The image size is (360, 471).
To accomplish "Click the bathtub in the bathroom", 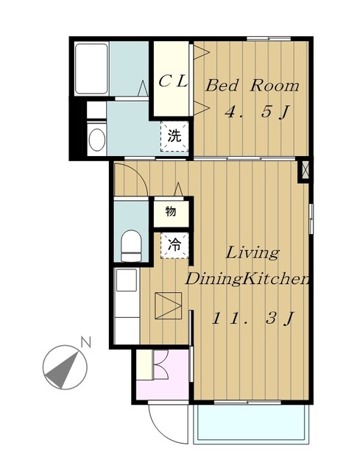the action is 91,68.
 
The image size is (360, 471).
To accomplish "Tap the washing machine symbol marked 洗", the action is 174,136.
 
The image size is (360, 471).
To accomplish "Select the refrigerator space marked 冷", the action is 174,245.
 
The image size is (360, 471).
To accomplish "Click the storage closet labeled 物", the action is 171,212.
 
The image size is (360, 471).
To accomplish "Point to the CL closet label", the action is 173,81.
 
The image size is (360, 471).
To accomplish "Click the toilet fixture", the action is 131,246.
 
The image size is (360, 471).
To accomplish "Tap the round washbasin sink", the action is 97,140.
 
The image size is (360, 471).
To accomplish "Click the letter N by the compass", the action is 85,342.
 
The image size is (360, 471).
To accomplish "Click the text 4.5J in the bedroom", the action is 257,113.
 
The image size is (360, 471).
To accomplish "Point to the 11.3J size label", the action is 252,319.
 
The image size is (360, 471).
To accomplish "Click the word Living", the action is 253,253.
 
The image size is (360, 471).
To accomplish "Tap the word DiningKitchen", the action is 247,280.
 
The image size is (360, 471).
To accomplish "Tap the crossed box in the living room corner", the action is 305,170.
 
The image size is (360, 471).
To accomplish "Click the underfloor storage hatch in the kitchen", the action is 169,305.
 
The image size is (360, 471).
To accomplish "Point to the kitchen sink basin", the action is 127,280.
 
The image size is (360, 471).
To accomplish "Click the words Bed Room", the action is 253,85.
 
